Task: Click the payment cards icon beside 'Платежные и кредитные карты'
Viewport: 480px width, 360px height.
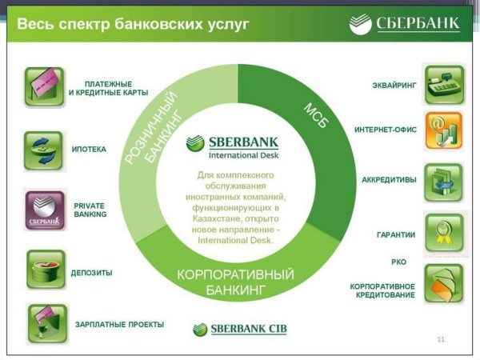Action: coord(44,87)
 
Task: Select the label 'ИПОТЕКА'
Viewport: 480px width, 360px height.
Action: coord(90,150)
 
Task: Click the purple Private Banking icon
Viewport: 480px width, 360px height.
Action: coord(44,210)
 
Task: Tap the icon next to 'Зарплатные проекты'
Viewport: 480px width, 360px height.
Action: coord(45,323)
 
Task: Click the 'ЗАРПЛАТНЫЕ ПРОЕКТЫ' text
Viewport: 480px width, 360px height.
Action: coord(119,325)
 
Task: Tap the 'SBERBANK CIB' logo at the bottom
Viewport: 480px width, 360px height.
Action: coord(239,329)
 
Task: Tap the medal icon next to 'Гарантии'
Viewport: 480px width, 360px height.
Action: coord(443,233)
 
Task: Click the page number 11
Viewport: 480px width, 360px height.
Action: coord(441,340)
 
